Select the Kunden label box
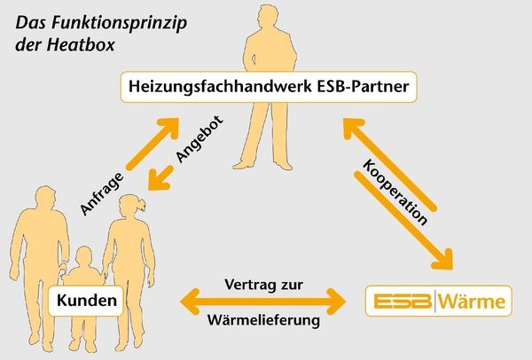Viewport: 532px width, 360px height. click(88, 302)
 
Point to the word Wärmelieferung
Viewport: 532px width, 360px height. click(263, 321)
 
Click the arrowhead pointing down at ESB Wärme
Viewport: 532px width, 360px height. click(446, 263)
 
